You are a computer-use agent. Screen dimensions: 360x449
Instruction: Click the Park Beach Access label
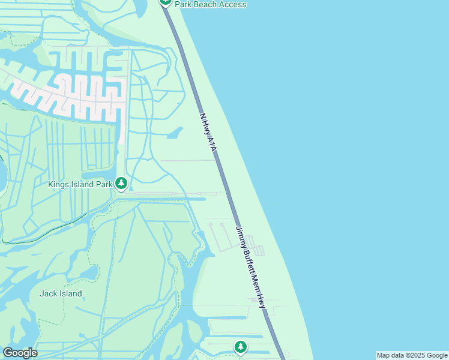click(x=210, y=4)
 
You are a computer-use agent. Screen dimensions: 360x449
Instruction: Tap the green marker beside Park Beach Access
click(x=166, y=2)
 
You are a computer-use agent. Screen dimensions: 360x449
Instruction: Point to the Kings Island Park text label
click(x=79, y=184)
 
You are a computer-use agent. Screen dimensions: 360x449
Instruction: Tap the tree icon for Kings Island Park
click(x=121, y=183)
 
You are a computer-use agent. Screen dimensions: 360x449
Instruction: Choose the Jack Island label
click(x=61, y=293)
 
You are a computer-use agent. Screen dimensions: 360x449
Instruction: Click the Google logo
click(x=20, y=353)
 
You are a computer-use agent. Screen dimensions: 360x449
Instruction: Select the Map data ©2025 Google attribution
click(x=412, y=355)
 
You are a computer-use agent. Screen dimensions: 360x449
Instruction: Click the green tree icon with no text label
click(x=241, y=347)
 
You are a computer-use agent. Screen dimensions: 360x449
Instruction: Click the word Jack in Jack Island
click(x=48, y=293)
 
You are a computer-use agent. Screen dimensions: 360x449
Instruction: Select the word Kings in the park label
click(x=59, y=184)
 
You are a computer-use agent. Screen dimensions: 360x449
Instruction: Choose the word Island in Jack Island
click(x=70, y=293)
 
